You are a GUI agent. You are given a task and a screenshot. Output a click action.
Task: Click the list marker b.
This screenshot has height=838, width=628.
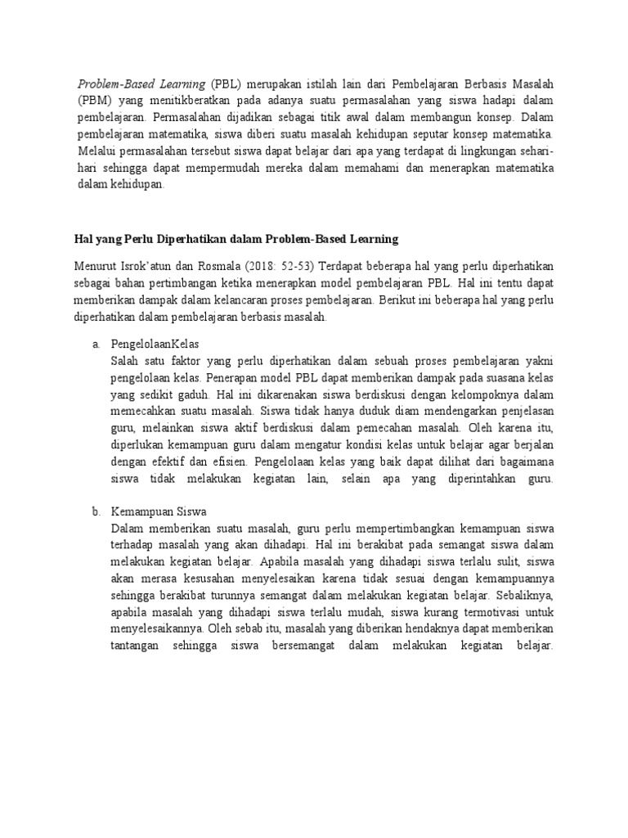(96, 511)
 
